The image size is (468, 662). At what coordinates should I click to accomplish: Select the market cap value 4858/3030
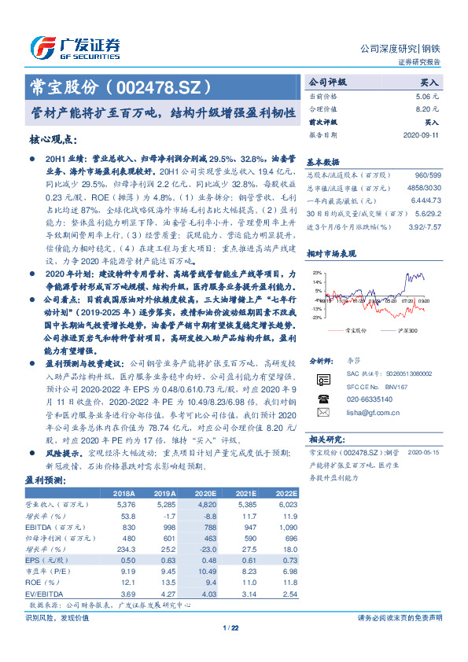pyautogui.click(x=421, y=188)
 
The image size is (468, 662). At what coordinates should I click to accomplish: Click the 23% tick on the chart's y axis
pyautogui.click(x=316, y=273)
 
